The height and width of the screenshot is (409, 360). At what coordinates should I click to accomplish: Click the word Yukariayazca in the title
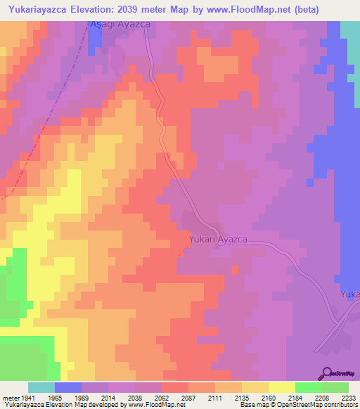tap(41, 9)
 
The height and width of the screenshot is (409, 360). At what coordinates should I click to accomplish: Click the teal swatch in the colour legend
tap(41, 387)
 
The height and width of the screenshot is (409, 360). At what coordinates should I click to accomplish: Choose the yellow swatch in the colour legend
tap(281, 387)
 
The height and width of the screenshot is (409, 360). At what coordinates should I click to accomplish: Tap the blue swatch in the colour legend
tap(68, 387)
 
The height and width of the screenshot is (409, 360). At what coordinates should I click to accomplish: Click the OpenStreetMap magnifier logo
tap(326, 373)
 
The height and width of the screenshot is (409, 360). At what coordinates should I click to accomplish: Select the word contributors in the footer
tap(338, 405)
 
